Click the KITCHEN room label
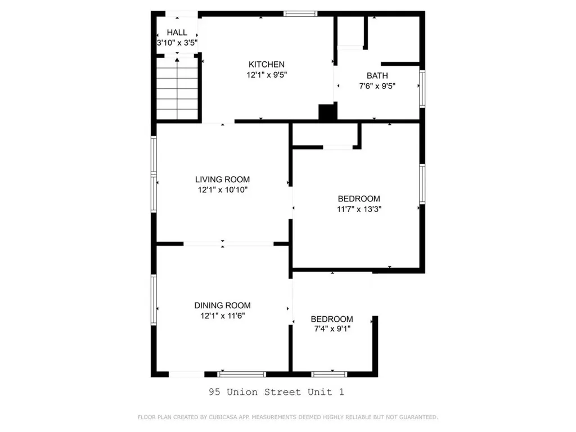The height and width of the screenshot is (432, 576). pos(267,64)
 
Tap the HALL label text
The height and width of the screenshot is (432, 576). pos(177,33)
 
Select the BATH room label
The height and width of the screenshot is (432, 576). pos(377,75)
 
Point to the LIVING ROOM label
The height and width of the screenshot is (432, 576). pos(222,179)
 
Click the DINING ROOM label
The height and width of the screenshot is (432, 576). pos(222,305)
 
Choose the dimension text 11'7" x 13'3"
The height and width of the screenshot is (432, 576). pos(359,209)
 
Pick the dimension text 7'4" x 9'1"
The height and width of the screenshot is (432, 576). pos(332,329)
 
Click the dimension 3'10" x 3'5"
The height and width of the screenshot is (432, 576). pos(177,42)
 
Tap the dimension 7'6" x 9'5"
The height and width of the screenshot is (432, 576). pos(377,86)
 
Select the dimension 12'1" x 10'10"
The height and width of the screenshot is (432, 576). pos(222,190)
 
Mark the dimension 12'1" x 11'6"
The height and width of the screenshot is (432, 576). pos(222,316)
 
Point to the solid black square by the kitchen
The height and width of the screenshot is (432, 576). pos(326,112)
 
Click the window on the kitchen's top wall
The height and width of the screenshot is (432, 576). pos(300,13)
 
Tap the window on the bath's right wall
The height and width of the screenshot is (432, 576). pos(422,87)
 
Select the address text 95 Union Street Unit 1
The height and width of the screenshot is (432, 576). pos(276,391)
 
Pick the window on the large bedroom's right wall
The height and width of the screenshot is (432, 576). pos(422,184)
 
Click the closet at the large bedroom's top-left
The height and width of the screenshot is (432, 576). pos(325,135)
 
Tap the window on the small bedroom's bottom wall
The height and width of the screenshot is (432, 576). pos(329,373)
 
